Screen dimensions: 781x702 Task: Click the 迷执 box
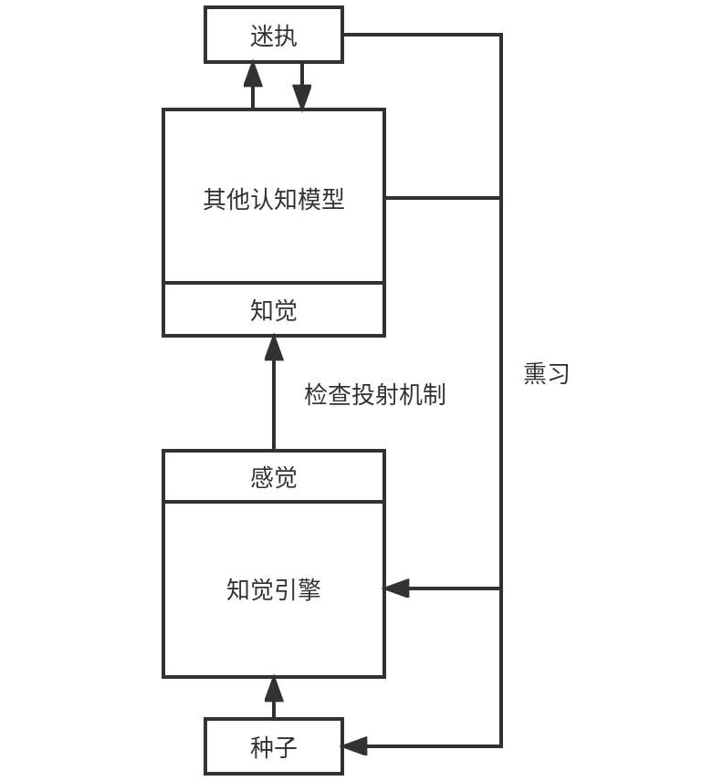[274, 35]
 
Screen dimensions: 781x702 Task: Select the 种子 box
[274, 746]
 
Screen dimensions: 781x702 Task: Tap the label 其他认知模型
[274, 199]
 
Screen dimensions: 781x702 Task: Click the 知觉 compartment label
[274, 310]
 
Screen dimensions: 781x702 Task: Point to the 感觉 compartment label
[274, 477]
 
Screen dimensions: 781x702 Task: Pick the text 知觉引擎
[274, 589]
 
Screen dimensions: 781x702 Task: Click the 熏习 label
[547, 373]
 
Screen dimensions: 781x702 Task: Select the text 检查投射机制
[374, 395]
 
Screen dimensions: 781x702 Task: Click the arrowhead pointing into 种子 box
[354, 746]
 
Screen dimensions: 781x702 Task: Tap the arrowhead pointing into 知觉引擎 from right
[396, 588]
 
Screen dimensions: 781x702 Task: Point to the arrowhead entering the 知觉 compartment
[274, 347]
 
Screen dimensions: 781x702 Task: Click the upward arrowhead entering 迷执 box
[253, 73]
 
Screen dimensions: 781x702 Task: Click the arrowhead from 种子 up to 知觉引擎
[274, 688]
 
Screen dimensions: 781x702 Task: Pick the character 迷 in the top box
[262, 36]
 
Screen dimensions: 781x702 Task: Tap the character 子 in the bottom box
[286, 747]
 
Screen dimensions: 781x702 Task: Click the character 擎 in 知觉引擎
[309, 589]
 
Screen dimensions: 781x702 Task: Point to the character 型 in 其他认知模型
[333, 199]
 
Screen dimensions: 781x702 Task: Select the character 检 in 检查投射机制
[316, 395]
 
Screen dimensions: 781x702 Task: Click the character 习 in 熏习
[559, 373]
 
